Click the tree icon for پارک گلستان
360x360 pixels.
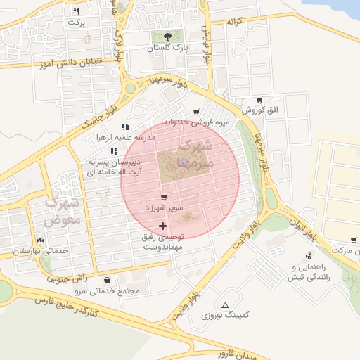(167, 37)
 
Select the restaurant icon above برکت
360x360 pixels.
(77, 11)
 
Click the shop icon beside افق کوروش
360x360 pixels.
(259, 101)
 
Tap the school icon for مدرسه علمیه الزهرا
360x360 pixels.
(125, 127)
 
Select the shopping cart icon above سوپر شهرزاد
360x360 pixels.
(164, 198)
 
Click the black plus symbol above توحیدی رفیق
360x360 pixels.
(164, 226)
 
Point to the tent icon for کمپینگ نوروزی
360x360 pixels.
(225, 305)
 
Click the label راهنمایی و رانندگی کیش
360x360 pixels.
(309, 273)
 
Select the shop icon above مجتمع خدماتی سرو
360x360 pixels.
(106, 280)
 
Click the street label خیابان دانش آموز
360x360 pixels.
(67, 63)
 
